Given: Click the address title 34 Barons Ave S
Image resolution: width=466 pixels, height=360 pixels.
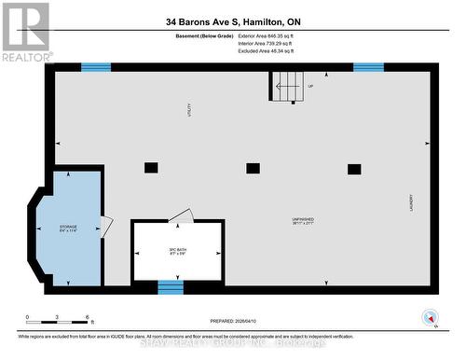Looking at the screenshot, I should tap(233, 21).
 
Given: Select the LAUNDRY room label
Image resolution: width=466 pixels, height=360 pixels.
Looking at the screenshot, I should tap(410, 202).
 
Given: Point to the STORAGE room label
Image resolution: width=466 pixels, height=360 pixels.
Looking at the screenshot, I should tap(69, 227).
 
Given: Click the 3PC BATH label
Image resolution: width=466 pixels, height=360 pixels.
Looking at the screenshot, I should tap(177, 251).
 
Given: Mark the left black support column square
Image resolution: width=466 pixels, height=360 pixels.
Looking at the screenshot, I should tap(151, 168).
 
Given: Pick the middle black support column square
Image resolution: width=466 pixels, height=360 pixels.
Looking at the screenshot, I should tap(253, 168).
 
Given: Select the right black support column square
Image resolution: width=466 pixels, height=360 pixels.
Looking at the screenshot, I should tap(354, 168).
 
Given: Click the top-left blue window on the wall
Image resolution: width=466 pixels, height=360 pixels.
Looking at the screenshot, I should tap(95, 67).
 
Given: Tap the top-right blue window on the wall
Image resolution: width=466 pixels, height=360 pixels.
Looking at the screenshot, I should tap(368, 67).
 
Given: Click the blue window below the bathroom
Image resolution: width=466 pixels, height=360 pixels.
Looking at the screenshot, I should tap(171, 288).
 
